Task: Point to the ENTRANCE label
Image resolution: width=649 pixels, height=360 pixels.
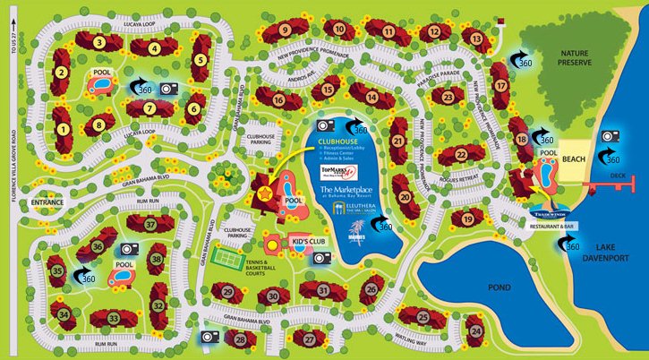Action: (47, 203)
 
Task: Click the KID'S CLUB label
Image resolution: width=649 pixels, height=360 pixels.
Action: (305, 243)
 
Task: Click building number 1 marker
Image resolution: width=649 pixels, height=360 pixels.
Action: (63, 129)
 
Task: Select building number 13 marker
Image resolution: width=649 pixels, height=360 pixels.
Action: (477, 39)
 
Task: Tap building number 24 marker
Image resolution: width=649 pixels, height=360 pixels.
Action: (475, 331)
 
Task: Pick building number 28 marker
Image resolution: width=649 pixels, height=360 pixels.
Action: (239, 339)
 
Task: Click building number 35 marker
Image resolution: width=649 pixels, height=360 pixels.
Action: (56, 270)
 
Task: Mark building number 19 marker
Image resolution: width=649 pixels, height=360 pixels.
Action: (467, 219)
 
